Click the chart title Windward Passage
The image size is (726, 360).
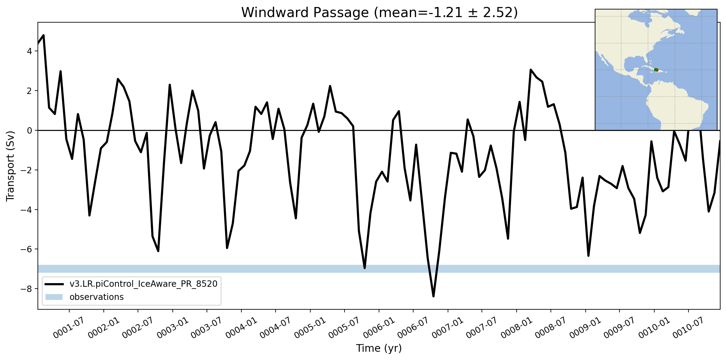[x=305, y=13]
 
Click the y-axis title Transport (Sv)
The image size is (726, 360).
[x=10, y=166]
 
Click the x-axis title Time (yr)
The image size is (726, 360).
[x=379, y=348]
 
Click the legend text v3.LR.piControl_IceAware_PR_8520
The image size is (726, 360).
[x=143, y=284]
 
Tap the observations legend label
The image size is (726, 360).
[x=96, y=297]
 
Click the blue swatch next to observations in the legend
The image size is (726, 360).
[x=54, y=297]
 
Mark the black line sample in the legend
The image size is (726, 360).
[x=54, y=284]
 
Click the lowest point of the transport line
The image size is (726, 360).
[x=433, y=296]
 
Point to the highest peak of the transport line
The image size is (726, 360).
[x=44, y=35]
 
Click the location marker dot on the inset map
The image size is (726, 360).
[x=656, y=70]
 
